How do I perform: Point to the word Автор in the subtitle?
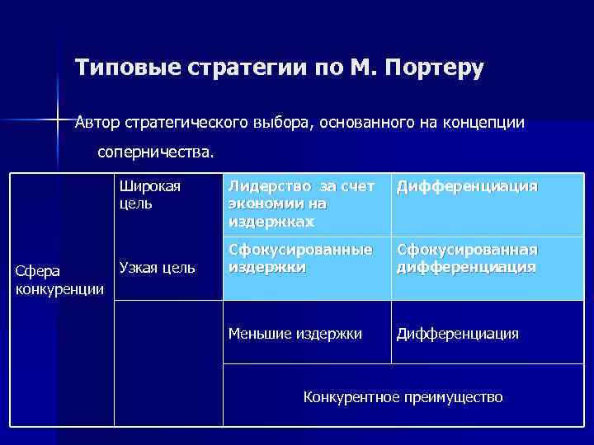(x=97, y=124)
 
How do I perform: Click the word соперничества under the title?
(x=154, y=152)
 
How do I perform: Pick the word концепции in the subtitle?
(x=483, y=124)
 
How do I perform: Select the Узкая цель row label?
(x=158, y=267)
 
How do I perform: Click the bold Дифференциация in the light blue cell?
(x=467, y=187)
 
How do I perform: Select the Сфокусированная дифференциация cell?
(x=467, y=258)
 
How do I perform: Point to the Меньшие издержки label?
(x=295, y=333)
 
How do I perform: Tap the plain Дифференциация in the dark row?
(x=458, y=333)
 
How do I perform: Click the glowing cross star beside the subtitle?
(x=58, y=120)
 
